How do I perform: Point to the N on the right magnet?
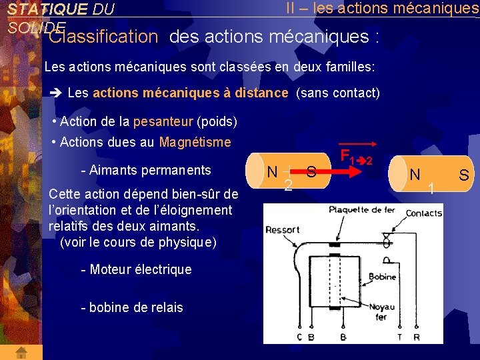(415, 175)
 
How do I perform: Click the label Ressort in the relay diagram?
(283, 230)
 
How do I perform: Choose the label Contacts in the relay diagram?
(423, 213)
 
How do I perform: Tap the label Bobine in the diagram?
(381, 276)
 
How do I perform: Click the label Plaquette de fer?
(363, 209)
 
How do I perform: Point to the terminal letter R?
(417, 337)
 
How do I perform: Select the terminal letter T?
(400, 337)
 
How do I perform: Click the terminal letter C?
(299, 337)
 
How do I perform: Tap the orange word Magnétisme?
(195, 142)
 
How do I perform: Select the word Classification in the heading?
(103, 37)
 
